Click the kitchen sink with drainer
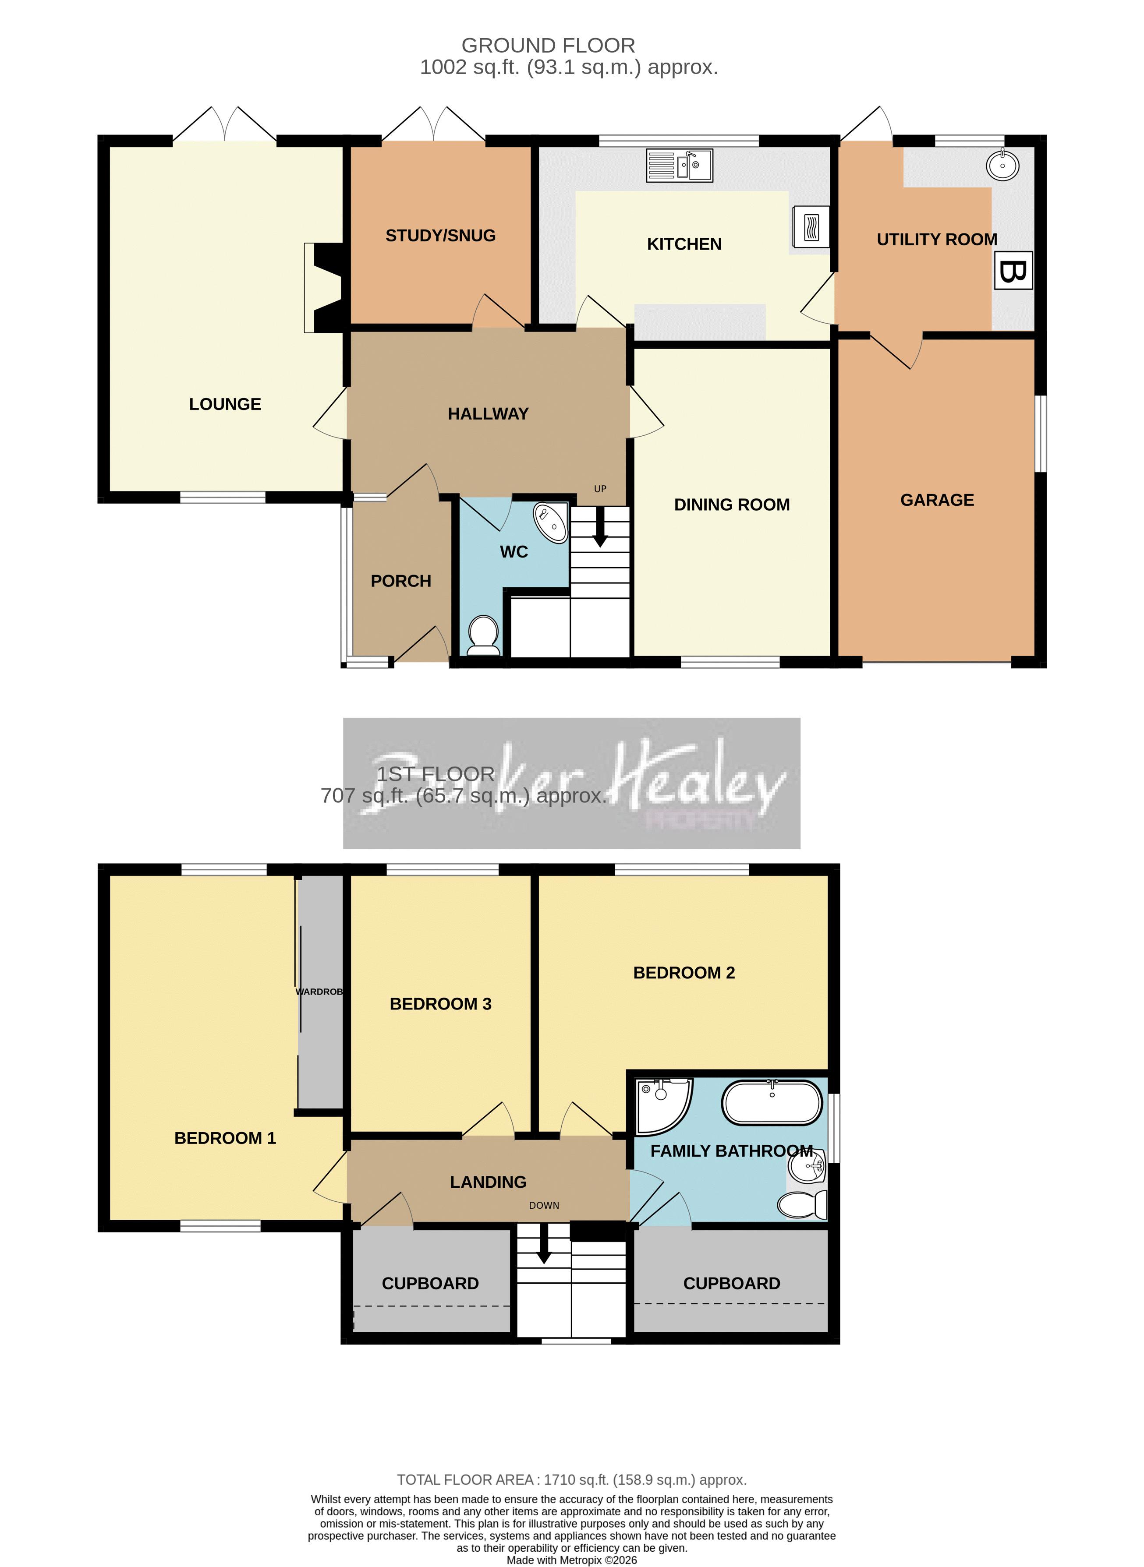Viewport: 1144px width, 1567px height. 679,166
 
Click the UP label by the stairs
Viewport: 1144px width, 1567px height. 600,489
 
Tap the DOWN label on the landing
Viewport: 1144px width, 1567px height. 544,1205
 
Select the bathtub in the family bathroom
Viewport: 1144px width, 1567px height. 772,1103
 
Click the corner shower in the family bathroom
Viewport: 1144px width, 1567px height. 661,1106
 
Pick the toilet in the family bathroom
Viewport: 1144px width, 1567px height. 803,1204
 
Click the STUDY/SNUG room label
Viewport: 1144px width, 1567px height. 440,236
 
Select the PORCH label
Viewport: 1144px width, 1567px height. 401,581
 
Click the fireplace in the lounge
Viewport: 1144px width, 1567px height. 324,287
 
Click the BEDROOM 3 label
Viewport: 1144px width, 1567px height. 440,1004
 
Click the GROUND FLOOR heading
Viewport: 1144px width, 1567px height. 548,46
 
